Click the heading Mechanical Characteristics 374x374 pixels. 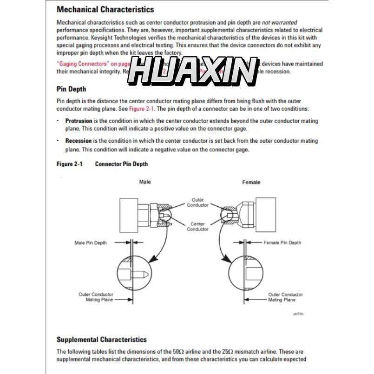pos(105,9)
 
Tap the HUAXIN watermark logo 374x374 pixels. pos(192,72)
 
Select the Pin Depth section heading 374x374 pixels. pos(71,89)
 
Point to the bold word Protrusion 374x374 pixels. pos(79,121)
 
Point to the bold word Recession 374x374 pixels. pos(79,141)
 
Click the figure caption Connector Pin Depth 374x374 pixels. pos(121,164)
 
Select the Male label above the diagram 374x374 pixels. pos(145,182)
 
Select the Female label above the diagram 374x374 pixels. pos(251,182)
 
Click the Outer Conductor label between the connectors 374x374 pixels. pos(197,203)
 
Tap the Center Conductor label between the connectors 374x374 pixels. pos(197,226)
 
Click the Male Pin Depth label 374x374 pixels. pos(91,243)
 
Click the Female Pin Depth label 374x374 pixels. pos(282,243)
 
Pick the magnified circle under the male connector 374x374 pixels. pos(133,273)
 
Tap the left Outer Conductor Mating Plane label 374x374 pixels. pos(96,297)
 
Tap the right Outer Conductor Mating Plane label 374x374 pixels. pos(285,297)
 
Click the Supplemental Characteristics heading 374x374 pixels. pos(101,340)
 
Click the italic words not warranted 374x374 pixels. pos(279,22)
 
